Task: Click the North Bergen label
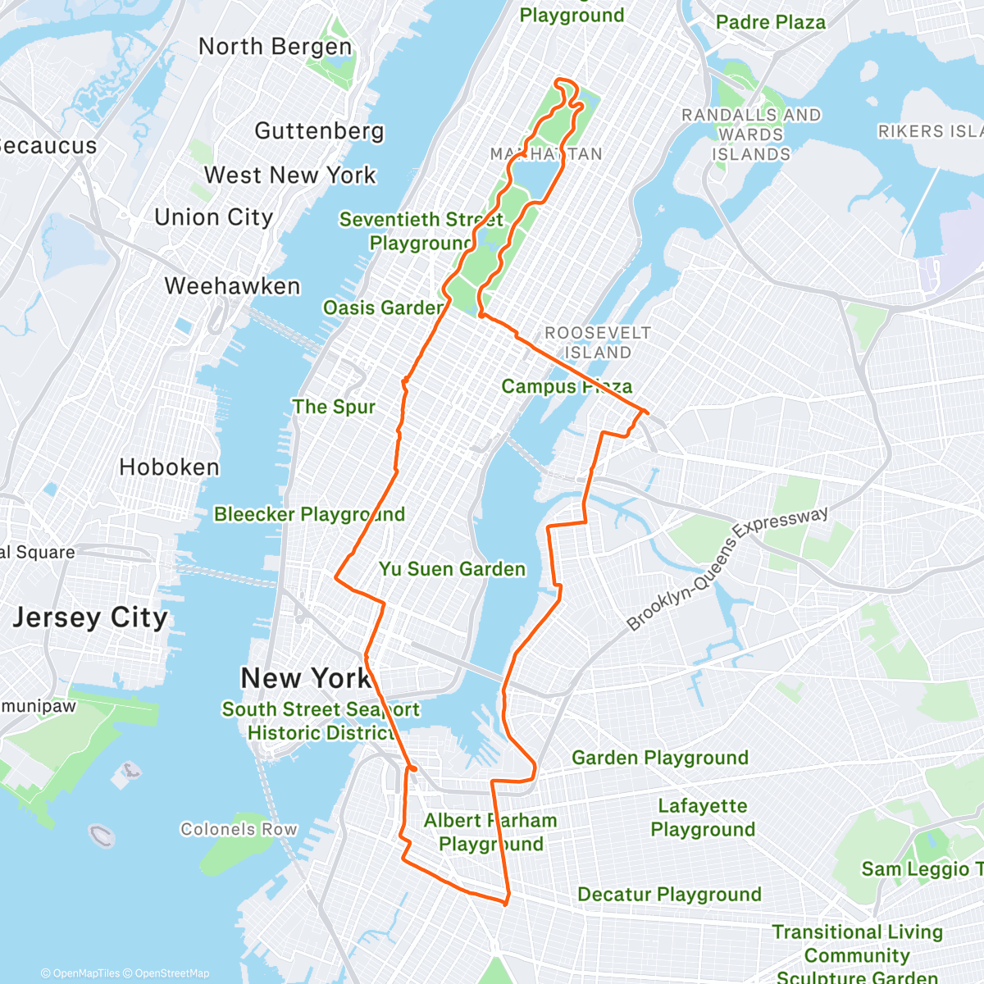275,47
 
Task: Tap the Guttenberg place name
319,131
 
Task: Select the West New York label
289,175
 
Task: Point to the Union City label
213,217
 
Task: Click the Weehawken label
232,286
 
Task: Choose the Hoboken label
169,467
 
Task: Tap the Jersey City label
90,617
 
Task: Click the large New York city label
305,679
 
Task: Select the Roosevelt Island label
598,343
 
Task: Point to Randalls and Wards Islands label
751,134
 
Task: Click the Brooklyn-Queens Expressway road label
727,568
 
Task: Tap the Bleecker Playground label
309,514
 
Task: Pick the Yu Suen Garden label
452,569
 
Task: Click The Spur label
334,407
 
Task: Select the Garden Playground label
660,758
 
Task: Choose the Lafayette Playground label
703,818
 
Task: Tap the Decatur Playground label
669,895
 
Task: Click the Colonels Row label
239,829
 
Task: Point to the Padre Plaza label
770,22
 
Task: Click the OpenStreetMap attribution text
171,973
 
